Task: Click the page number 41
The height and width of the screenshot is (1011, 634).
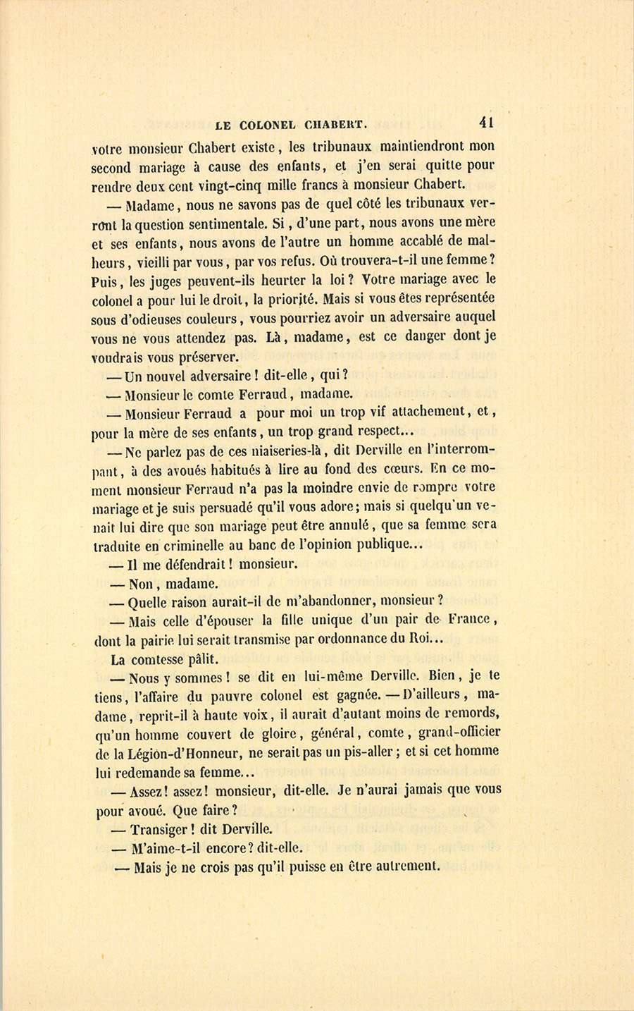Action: click(x=486, y=121)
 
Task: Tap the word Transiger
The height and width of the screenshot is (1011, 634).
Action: click(x=164, y=830)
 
